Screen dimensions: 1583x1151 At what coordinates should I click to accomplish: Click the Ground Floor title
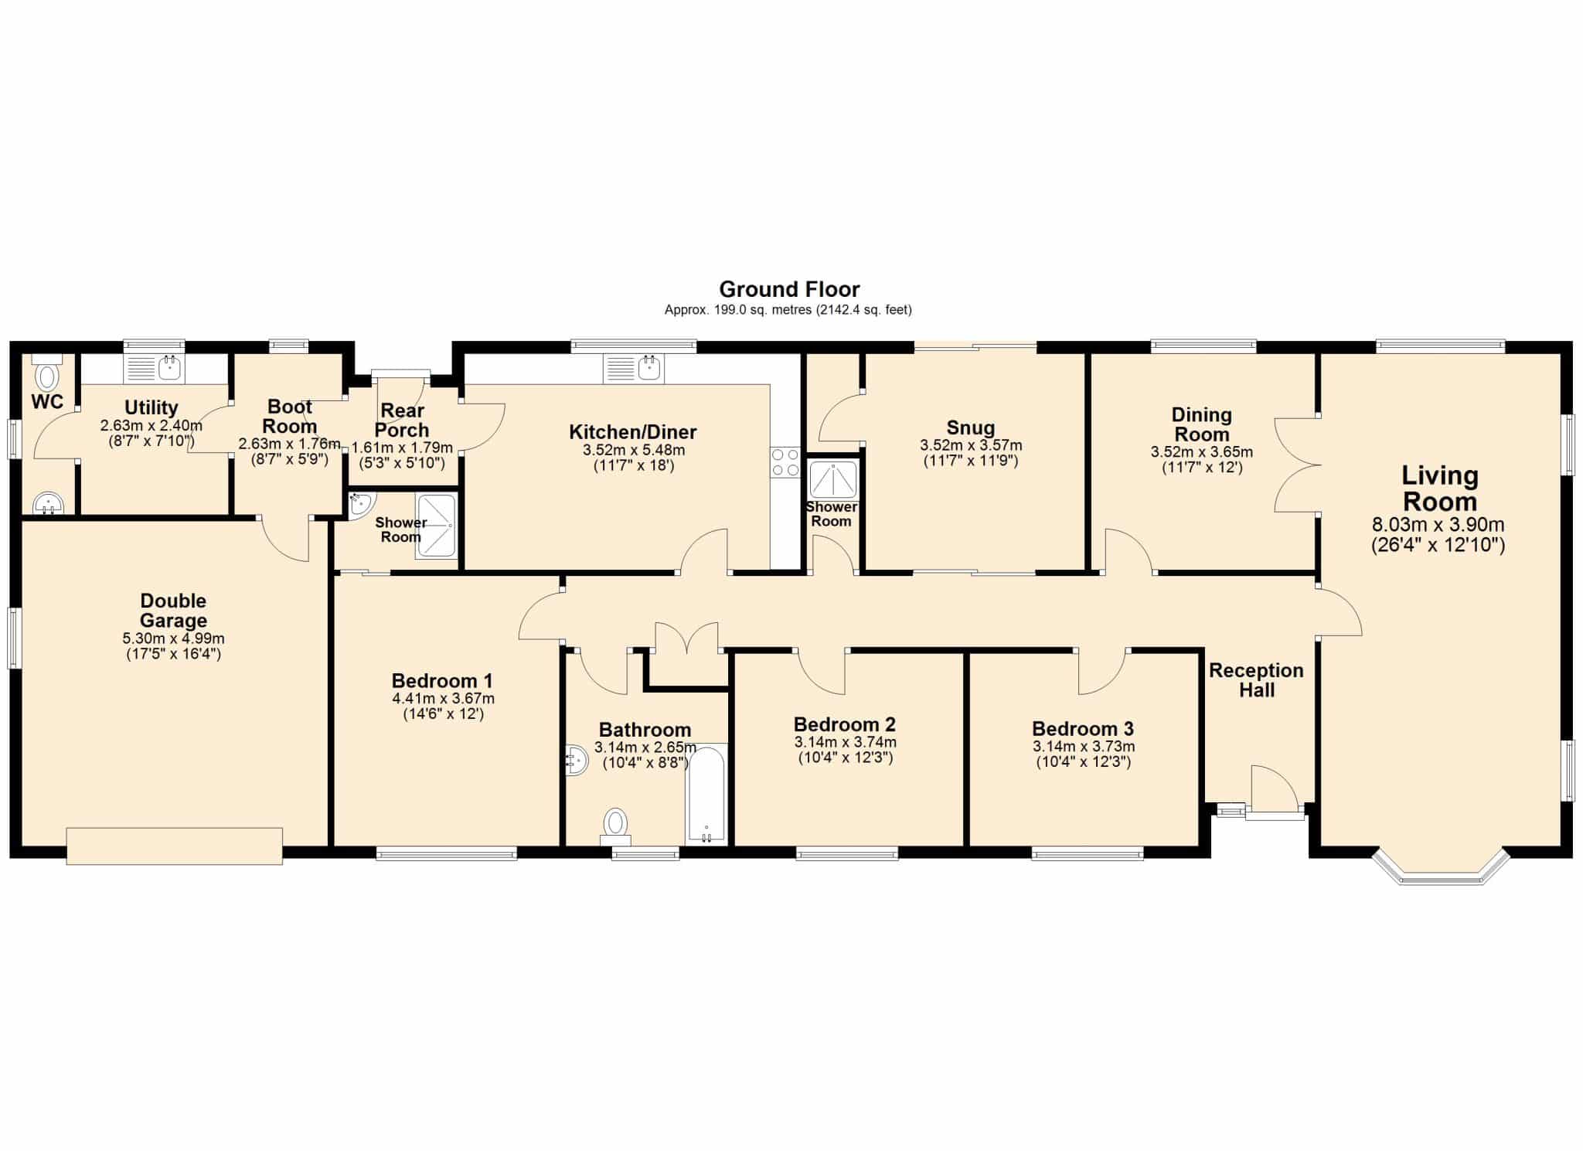coord(789,289)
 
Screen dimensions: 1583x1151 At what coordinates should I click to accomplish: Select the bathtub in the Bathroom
coord(706,795)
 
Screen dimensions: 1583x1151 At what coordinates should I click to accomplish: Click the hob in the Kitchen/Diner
coord(785,463)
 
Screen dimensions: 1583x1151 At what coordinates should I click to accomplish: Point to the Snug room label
coord(971,427)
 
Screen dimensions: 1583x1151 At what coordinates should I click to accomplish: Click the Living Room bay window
coord(1441,868)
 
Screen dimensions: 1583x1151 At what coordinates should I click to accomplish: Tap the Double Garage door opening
coord(175,846)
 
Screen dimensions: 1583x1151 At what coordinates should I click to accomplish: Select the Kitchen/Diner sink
coord(634,369)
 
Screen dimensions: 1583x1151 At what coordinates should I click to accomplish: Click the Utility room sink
coord(153,369)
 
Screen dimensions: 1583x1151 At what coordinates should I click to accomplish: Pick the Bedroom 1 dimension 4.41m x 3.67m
coord(443,699)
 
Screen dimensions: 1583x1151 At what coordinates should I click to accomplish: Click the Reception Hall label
coord(1257,680)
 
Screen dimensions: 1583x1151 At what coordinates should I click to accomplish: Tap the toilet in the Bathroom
coord(616,826)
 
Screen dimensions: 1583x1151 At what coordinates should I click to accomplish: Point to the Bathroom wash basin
coord(577,760)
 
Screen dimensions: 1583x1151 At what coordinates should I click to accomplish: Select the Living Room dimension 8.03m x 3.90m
coord(1438,526)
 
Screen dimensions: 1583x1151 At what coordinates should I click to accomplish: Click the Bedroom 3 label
coord(1083,729)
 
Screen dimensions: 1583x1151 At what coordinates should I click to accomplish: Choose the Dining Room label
coord(1202,424)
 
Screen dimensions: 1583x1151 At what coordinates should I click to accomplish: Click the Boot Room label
coord(290,416)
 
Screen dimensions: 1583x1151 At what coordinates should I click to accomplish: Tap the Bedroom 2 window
coord(847,853)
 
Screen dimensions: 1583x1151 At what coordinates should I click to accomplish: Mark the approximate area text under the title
coord(788,310)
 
